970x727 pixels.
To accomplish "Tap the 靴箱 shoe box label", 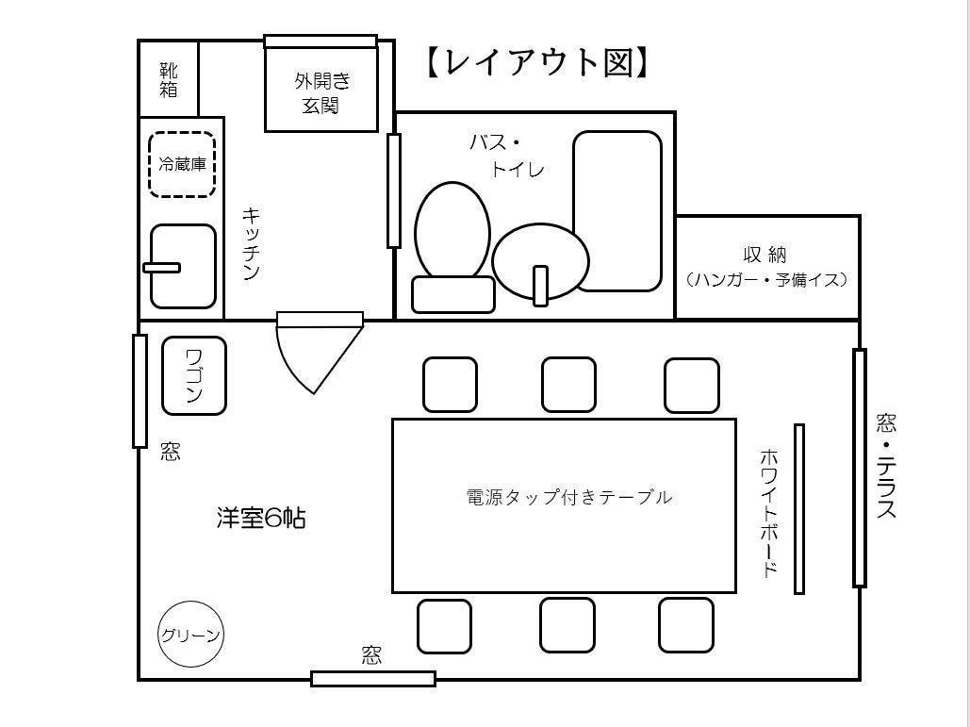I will pos(169,79).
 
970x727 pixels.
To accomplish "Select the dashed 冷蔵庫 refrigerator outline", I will pos(182,164).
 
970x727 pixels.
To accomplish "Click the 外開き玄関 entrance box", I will pos(321,89).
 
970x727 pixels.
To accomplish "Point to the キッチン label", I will pos(251,244).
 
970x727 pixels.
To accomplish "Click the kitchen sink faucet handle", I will pos(161,268).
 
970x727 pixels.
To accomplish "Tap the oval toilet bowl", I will pos(452,232).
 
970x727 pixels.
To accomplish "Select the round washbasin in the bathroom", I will pos(540,260).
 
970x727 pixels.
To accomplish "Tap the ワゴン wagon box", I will pos(194,375).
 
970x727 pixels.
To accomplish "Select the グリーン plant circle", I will pos(190,635).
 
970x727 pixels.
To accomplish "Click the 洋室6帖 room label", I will pos(260,518).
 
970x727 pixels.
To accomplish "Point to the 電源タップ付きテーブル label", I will pos(569,497).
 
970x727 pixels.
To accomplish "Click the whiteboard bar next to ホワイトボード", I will pos(799,508).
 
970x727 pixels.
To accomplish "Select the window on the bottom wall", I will pos(373,678).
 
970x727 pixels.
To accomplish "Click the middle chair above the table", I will pos(568,385).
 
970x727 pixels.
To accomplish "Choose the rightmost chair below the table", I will pos(686,625).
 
